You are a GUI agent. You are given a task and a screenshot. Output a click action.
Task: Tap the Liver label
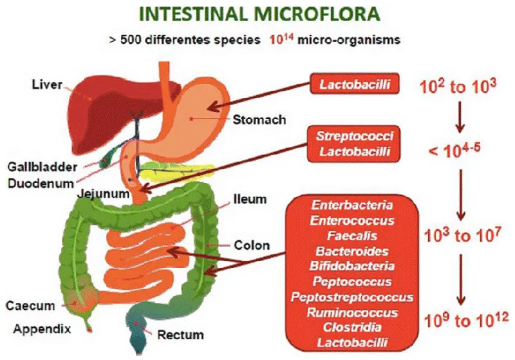pyautogui.click(x=47, y=84)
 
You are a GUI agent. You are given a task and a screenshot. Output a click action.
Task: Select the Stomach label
pyautogui.click(x=259, y=120)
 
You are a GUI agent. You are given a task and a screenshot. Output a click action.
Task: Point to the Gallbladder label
pyautogui.click(x=42, y=167)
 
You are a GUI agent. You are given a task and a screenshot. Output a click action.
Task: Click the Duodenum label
pyautogui.click(x=41, y=184)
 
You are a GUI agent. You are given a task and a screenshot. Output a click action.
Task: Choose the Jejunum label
pyautogui.click(x=103, y=193)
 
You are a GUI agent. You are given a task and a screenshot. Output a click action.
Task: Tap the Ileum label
pyautogui.click(x=250, y=199)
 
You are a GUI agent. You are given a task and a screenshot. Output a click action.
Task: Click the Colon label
pyautogui.click(x=252, y=245)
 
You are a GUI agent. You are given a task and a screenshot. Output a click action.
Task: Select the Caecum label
pyautogui.click(x=30, y=305)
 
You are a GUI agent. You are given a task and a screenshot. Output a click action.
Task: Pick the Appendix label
pyautogui.click(x=42, y=329)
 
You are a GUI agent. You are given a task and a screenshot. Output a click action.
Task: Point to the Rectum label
pyautogui.click(x=181, y=335)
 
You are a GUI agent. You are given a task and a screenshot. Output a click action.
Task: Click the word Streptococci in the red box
pyautogui.click(x=355, y=136)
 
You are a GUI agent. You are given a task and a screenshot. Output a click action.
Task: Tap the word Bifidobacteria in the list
pyautogui.click(x=351, y=266)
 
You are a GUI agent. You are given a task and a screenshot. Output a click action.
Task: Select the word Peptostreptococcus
pyautogui.click(x=351, y=297)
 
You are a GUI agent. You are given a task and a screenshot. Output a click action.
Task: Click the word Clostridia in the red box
pyautogui.click(x=352, y=327)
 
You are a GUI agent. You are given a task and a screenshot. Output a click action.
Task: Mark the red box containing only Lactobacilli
pyautogui.click(x=355, y=84)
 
